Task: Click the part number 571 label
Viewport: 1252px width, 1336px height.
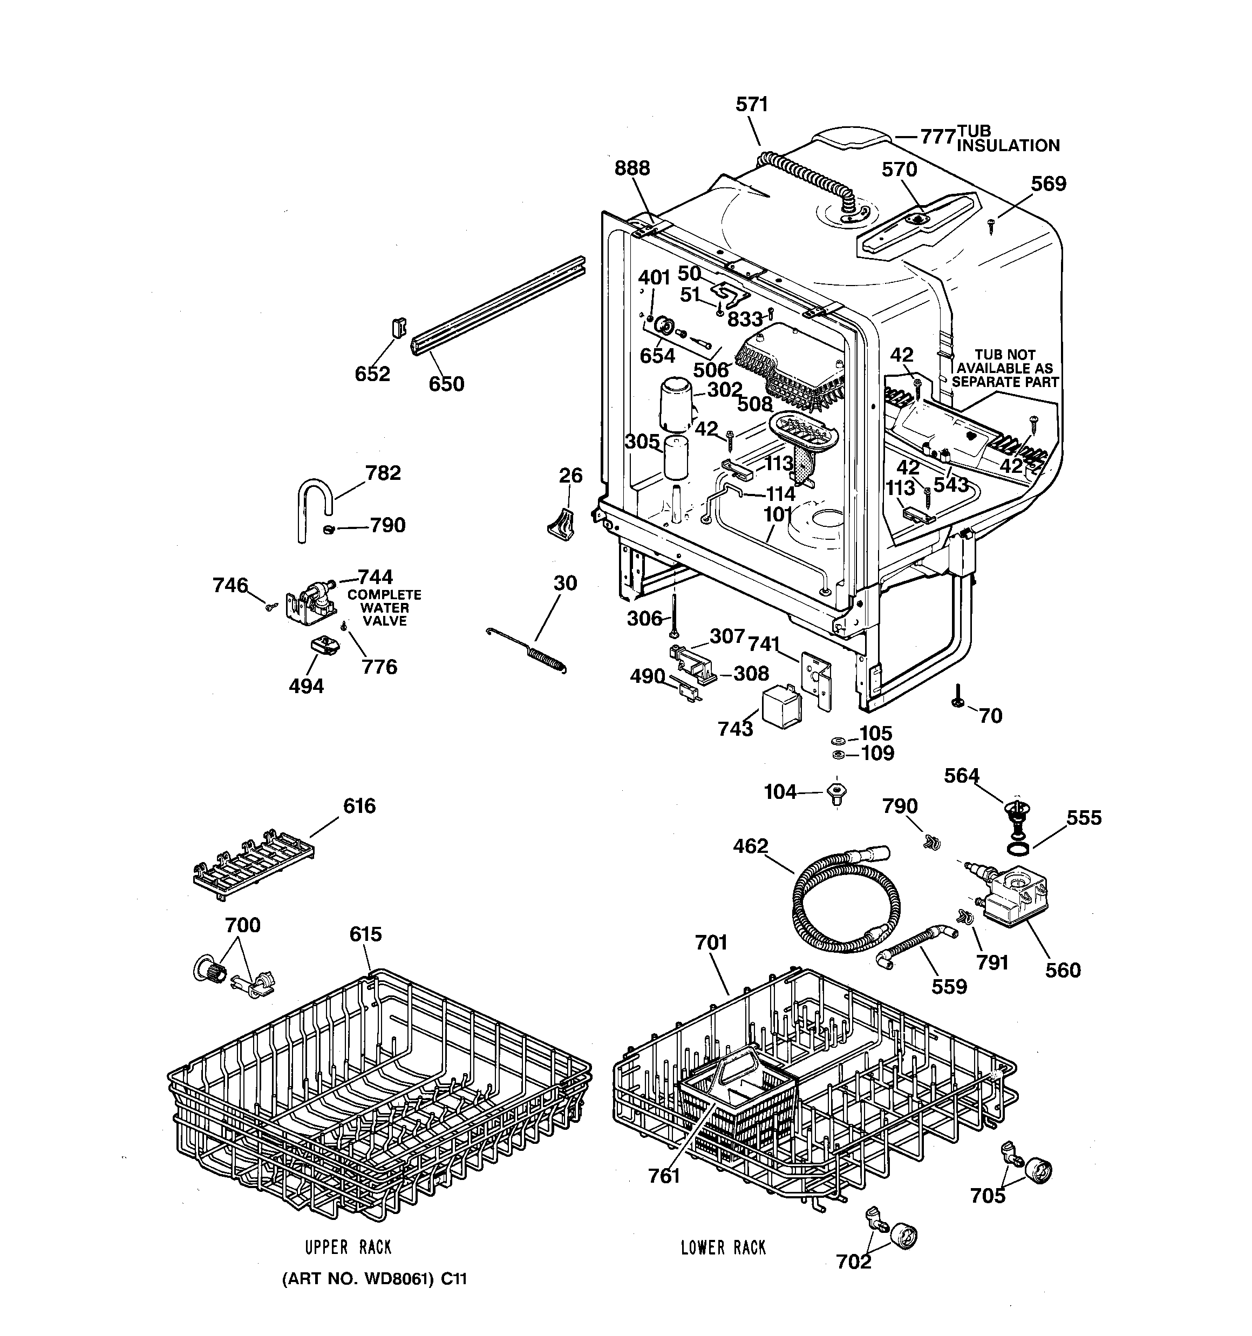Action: [x=751, y=104]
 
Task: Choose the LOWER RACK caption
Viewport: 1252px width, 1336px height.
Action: [x=723, y=1248]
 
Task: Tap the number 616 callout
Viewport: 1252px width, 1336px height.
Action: [x=359, y=806]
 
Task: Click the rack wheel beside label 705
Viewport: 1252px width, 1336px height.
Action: [x=1038, y=1171]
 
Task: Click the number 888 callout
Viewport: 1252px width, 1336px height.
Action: [x=632, y=168]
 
